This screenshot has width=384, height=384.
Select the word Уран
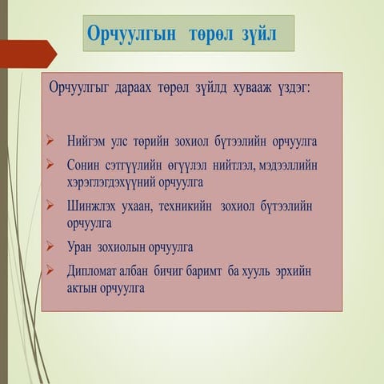tap(82, 247)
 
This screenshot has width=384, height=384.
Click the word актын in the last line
tap(82, 287)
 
